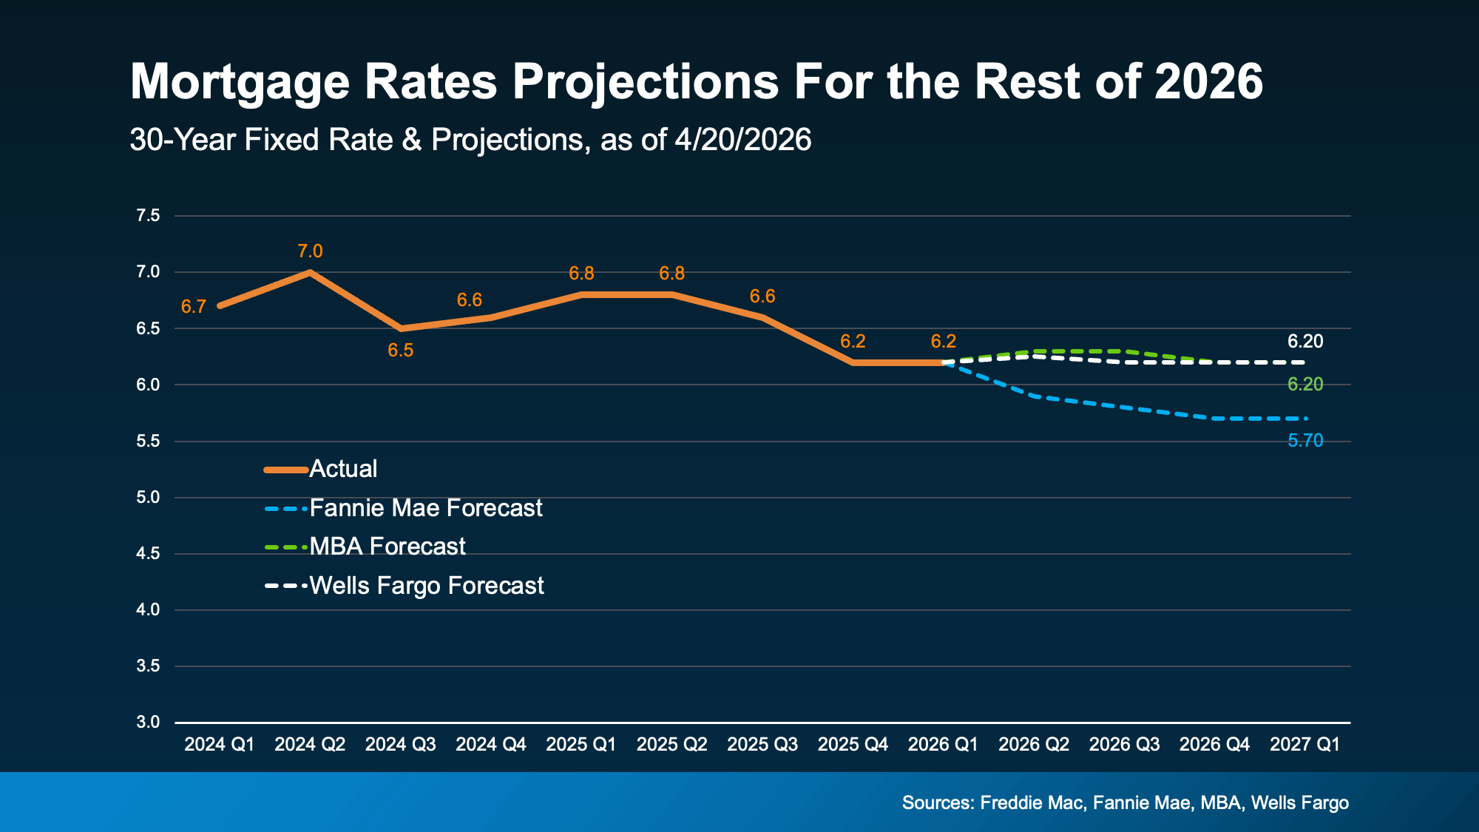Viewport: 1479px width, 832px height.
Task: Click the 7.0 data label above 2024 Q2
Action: point(310,251)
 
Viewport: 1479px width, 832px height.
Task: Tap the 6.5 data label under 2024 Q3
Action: point(401,351)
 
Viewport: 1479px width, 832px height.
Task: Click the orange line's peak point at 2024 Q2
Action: point(311,272)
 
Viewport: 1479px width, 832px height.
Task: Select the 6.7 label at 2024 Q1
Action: point(193,307)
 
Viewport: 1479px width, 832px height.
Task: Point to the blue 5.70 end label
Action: point(1305,441)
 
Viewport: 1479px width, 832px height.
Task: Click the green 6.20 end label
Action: point(1305,384)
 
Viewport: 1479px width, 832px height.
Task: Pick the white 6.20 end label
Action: point(1305,341)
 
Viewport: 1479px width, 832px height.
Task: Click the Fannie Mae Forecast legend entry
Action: point(425,508)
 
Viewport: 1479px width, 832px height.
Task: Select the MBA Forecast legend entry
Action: point(387,547)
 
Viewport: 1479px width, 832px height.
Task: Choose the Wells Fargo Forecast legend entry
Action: point(426,586)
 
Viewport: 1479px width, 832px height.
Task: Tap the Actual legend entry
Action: point(343,469)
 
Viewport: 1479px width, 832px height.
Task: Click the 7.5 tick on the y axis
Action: point(148,216)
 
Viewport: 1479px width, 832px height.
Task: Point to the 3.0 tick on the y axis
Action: point(148,722)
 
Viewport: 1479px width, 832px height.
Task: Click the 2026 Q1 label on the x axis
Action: point(943,745)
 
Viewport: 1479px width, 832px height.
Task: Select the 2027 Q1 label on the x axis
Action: point(1304,745)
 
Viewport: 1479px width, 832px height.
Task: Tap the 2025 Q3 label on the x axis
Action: point(762,745)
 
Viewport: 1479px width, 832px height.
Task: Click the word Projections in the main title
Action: point(646,81)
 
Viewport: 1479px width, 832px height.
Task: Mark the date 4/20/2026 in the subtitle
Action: point(742,140)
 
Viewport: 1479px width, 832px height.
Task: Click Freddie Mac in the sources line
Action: point(1032,803)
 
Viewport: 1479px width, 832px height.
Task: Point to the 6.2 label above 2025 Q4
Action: point(853,341)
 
